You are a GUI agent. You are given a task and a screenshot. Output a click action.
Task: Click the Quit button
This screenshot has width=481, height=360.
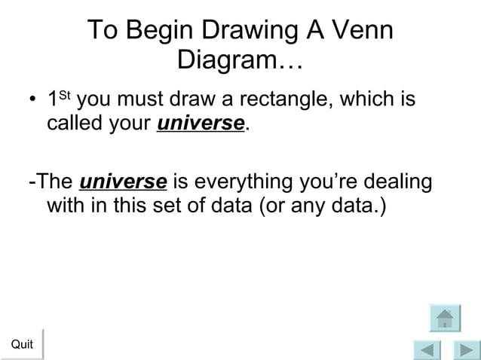click(x=22, y=344)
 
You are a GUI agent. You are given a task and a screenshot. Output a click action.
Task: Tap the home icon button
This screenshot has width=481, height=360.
click(x=445, y=318)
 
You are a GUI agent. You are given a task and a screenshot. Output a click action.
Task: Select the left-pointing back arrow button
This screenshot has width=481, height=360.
click(x=427, y=351)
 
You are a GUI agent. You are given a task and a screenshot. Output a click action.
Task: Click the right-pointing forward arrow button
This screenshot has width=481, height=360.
click(x=465, y=351)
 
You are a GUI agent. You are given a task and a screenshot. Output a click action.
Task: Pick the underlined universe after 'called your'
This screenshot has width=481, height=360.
click(x=201, y=123)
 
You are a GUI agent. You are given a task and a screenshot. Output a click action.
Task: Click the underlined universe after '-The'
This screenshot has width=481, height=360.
click(x=123, y=182)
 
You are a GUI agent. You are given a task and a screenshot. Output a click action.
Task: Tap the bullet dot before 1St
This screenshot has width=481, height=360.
click(x=32, y=102)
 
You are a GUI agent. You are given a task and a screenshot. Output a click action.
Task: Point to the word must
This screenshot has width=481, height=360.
click(x=137, y=99)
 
